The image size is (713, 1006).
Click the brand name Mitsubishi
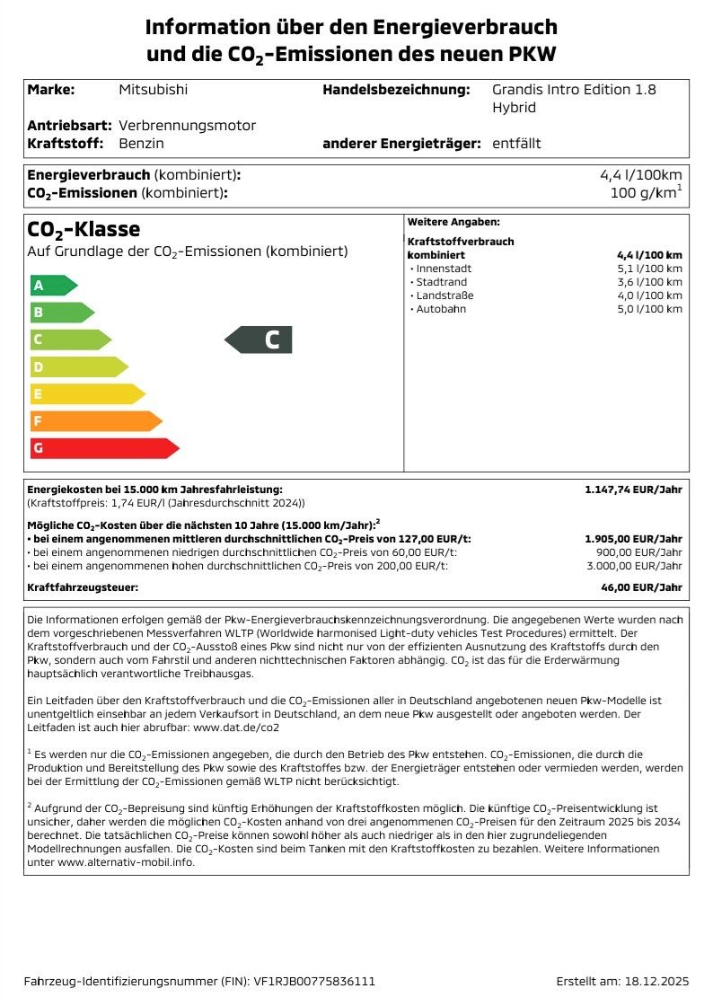point(154,90)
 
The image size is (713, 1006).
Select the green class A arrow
point(52,286)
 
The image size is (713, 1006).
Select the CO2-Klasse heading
point(84,230)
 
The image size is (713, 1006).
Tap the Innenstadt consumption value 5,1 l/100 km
point(649,269)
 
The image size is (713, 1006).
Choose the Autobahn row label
point(440,309)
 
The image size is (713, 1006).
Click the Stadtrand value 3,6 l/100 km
point(649,282)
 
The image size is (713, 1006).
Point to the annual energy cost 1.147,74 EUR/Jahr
point(633,490)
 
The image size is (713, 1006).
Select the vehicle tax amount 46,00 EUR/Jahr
point(643,587)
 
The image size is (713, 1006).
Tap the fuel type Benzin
point(141,144)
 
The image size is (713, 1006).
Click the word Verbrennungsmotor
point(187,126)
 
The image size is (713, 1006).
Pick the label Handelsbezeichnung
point(396,90)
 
